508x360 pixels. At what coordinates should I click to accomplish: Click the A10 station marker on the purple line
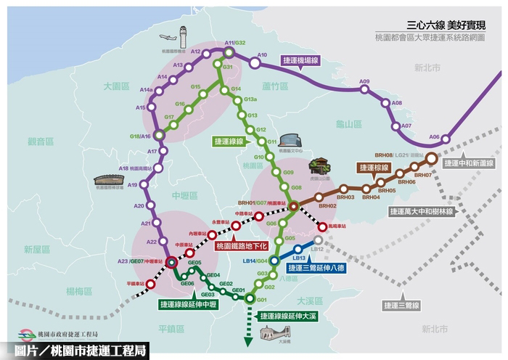coord(255,63)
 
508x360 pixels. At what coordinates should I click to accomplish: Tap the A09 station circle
coord(366,90)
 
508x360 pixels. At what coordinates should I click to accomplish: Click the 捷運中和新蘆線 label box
coord(471,163)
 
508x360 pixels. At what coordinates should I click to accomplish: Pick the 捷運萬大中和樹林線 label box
coord(421,212)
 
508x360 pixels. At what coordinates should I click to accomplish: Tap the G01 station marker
coord(249,298)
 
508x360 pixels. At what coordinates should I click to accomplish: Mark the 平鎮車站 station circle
coord(150,284)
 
